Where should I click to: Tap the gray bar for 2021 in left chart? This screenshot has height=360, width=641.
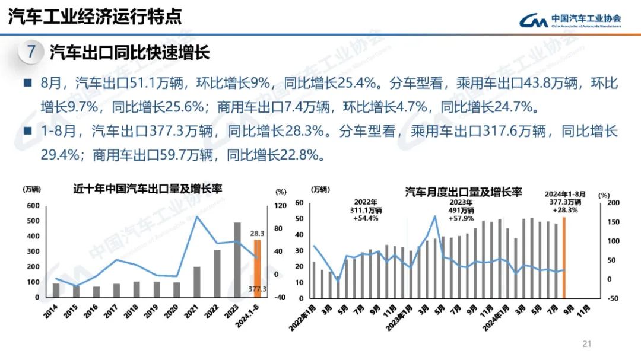[x=197, y=282]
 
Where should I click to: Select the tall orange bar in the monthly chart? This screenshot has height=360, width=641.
[x=564, y=257]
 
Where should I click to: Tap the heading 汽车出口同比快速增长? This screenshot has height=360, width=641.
[x=129, y=53]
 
